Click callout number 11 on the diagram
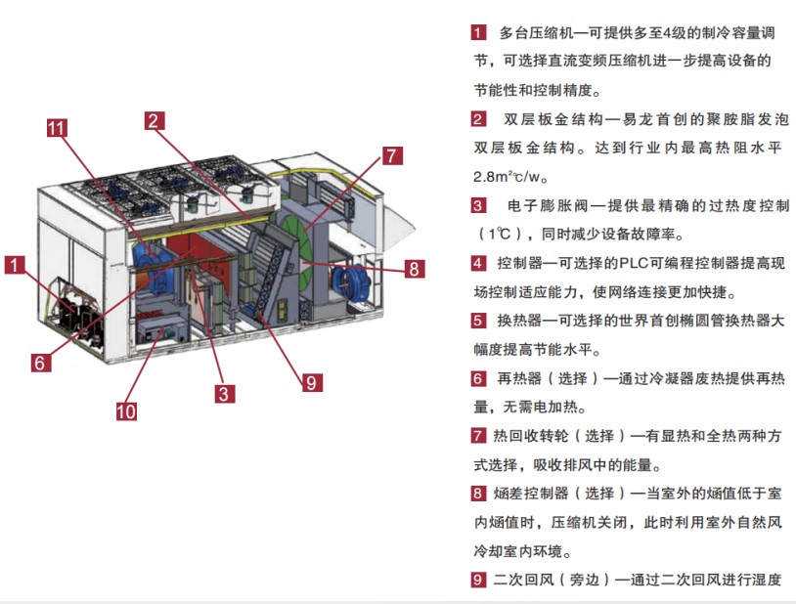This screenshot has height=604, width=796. coord(57,128)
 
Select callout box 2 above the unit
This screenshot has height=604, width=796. coord(154,121)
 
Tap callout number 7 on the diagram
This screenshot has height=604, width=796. coord(391,155)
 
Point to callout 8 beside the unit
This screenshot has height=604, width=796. coord(414,268)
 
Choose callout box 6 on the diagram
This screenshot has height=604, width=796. coord(39,362)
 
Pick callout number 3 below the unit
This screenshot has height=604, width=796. coord(225,394)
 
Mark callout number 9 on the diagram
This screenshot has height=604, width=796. coord(310,382)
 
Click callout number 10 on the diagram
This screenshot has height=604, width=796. coord(126,410)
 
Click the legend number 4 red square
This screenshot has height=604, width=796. coord(478,263)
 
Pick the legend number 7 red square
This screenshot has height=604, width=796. coord(478,436)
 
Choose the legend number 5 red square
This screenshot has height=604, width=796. coord(478,321)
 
